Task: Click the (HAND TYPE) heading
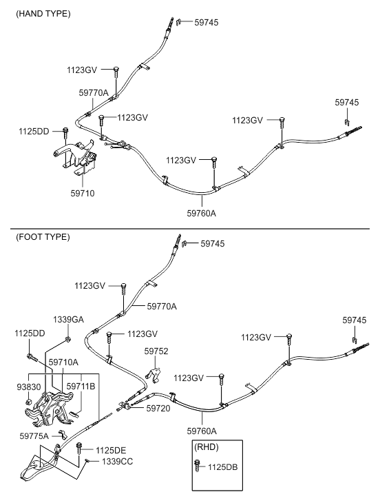43,14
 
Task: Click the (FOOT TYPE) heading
43,237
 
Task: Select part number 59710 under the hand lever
83,194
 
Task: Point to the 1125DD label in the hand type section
34,132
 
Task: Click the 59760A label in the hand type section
201,213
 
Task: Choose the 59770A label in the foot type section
162,307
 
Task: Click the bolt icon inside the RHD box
198,466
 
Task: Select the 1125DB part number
223,467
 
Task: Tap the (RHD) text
207,447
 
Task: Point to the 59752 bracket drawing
154,375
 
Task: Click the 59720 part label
158,409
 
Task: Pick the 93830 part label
29,387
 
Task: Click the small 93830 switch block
29,402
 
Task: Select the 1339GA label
68,320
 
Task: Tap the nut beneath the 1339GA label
68,338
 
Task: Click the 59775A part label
34,436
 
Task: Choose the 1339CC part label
118,462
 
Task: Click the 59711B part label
81,387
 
